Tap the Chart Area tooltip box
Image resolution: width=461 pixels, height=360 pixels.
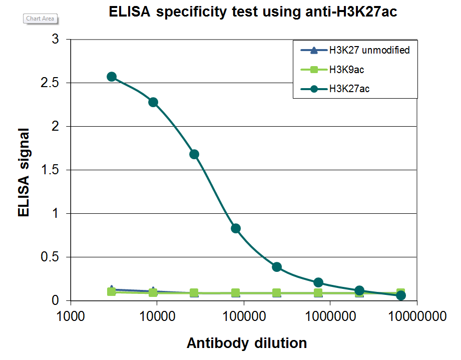tap(40, 19)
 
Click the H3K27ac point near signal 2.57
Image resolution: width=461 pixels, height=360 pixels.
tap(112, 77)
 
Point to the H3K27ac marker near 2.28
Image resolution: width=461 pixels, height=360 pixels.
tap(153, 102)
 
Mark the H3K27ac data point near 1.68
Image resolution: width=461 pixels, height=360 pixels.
tap(194, 154)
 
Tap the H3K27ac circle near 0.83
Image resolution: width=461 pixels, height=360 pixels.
tap(236, 228)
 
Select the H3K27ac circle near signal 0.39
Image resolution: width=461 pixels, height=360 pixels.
tap(277, 267)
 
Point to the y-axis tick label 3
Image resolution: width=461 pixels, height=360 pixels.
tap(55, 40)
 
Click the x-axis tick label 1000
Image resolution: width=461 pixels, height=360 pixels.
tap(70, 317)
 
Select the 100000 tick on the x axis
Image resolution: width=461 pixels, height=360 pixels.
tap(244, 317)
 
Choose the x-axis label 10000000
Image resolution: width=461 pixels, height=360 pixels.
tap(417, 317)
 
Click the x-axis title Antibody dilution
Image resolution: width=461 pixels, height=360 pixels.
tap(247, 343)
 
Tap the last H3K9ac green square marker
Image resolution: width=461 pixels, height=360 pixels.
tap(400, 293)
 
